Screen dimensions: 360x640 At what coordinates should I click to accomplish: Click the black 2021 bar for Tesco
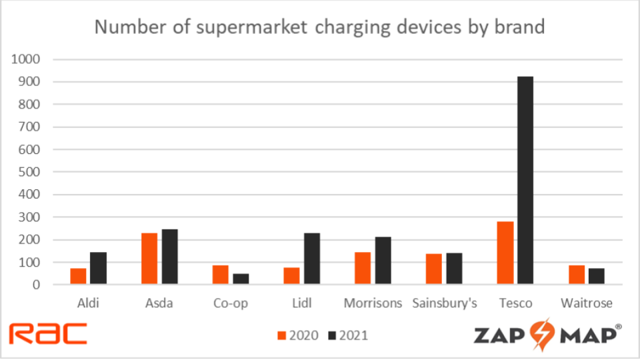(x=525, y=181)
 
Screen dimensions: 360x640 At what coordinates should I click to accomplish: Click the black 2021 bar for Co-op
(x=241, y=279)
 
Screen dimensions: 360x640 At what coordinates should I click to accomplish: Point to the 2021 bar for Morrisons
(x=383, y=261)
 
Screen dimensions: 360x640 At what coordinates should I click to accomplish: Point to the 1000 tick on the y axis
(x=27, y=59)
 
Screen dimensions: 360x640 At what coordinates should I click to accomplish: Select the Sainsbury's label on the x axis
(x=445, y=303)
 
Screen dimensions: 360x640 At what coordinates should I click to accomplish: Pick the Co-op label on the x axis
(x=231, y=303)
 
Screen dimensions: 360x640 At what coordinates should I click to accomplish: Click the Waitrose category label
(x=587, y=303)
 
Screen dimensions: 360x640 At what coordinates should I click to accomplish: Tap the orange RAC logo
(x=48, y=333)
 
